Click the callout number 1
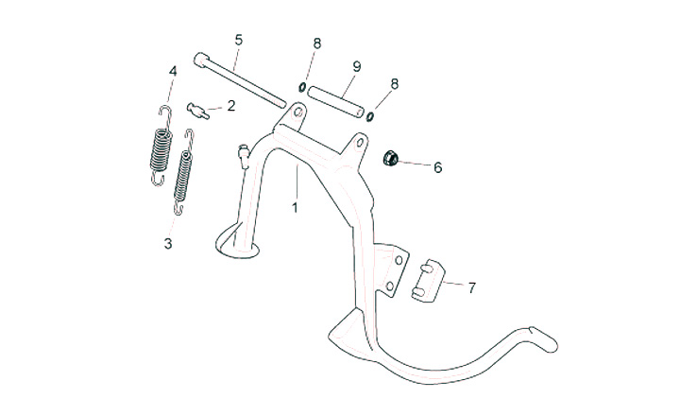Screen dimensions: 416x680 click(x=295, y=207)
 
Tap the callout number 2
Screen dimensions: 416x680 click(x=231, y=106)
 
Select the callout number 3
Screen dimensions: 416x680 click(x=168, y=243)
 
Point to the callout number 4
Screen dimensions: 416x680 click(x=173, y=71)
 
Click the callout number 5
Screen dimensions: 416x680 click(x=239, y=40)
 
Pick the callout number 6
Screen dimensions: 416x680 click(x=437, y=167)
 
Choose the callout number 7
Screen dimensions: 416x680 click(x=472, y=286)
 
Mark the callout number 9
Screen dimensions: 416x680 click(x=357, y=65)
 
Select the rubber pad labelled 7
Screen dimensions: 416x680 click(x=430, y=280)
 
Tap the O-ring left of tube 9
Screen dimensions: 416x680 click(x=300, y=89)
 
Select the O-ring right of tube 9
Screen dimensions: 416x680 click(x=370, y=116)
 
